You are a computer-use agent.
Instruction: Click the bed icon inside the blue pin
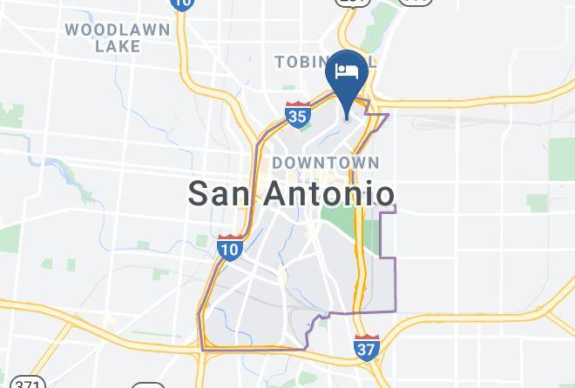pyautogui.click(x=348, y=70)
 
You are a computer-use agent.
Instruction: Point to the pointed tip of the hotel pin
pyautogui.click(x=348, y=118)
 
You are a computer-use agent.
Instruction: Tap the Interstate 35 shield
pyautogui.click(x=297, y=113)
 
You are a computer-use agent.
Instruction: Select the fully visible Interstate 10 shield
pyautogui.click(x=230, y=247)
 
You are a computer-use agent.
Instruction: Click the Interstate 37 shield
pyautogui.click(x=367, y=346)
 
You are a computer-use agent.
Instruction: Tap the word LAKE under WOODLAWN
pyautogui.click(x=118, y=47)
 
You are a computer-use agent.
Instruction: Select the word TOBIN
pyautogui.click(x=301, y=62)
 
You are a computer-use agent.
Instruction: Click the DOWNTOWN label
pyautogui.click(x=326, y=163)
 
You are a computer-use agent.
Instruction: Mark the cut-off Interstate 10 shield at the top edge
pyautogui.click(x=181, y=3)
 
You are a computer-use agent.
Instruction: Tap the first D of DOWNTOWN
pyautogui.click(x=278, y=163)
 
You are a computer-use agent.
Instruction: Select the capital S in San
pyautogui.click(x=200, y=193)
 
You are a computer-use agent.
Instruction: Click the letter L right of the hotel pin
pyautogui.click(x=372, y=63)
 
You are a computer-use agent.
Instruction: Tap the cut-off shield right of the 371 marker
pyautogui.click(x=148, y=385)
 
